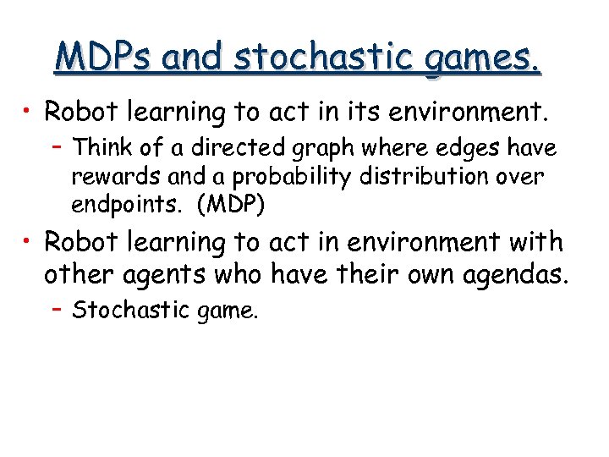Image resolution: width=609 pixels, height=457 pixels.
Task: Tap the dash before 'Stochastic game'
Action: click(57, 311)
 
